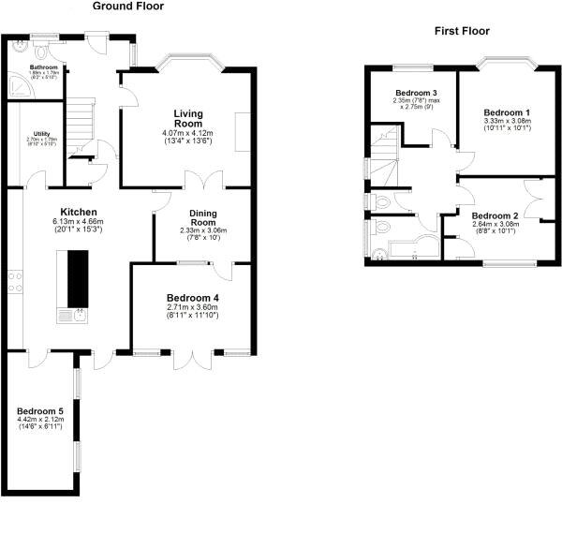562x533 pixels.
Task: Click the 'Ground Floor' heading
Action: point(127,7)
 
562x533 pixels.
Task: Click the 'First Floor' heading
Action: point(462,31)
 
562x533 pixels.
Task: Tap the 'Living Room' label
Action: point(187,118)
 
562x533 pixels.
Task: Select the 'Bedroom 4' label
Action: point(193,298)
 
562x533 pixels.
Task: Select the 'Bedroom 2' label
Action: point(495,215)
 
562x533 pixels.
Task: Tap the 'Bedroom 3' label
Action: point(416,93)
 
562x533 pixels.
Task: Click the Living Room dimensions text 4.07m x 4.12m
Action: point(187,132)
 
